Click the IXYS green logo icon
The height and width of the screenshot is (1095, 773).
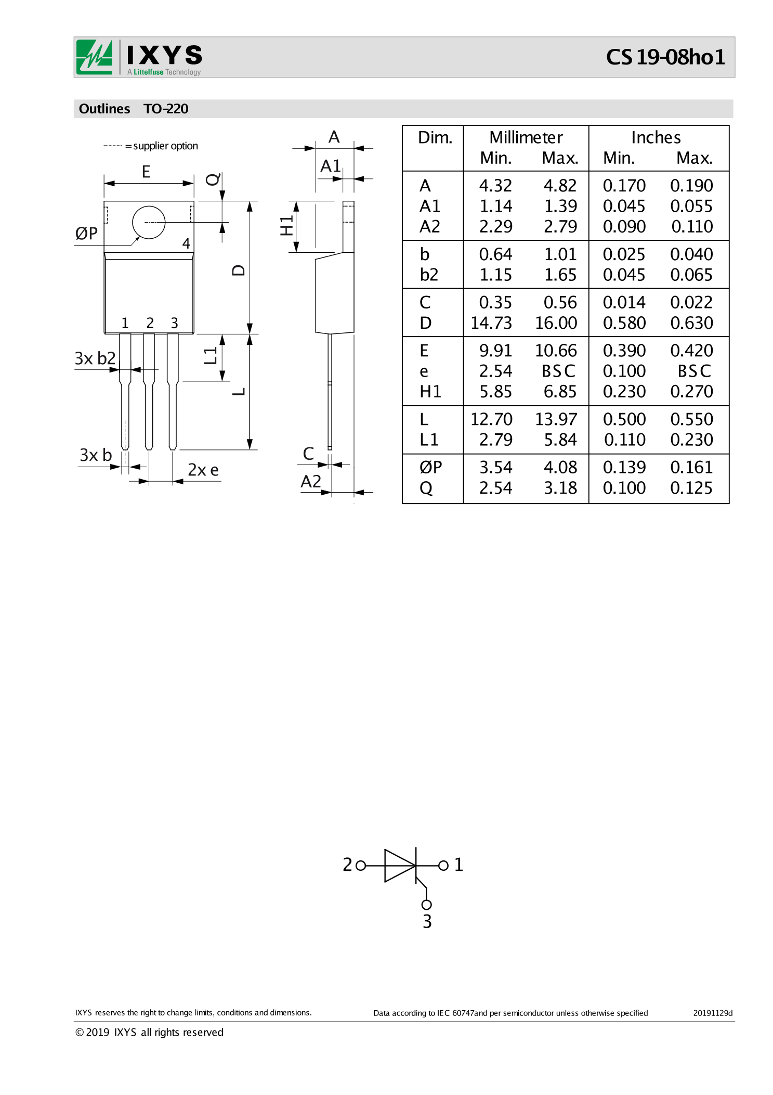[x=94, y=57]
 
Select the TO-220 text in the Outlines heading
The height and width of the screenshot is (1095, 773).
[x=166, y=109]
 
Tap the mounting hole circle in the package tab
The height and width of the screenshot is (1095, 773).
[x=149, y=223]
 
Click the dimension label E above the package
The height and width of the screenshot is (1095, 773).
[x=146, y=172]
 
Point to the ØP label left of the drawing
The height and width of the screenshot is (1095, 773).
[x=86, y=234]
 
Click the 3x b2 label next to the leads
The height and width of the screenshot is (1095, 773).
[x=95, y=358]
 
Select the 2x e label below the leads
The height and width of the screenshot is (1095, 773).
[x=203, y=470]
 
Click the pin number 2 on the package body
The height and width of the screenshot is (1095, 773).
[x=150, y=323]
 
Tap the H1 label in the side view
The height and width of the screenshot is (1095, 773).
[x=286, y=226]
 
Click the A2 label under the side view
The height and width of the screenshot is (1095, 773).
[x=311, y=481]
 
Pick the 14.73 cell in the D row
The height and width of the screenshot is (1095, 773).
[x=491, y=323]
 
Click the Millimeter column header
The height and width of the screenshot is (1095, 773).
[x=526, y=137]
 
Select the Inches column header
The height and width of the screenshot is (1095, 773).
[x=656, y=137]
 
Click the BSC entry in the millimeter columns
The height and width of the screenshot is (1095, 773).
[x=558, y=371]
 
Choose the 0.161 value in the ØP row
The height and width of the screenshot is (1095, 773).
[x=691, y=468]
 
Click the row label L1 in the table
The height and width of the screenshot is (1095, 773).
[x=429, y=440]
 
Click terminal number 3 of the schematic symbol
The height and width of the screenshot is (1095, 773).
[x=427, y=921]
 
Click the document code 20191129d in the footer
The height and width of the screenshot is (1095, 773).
[x=712, y=1013]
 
